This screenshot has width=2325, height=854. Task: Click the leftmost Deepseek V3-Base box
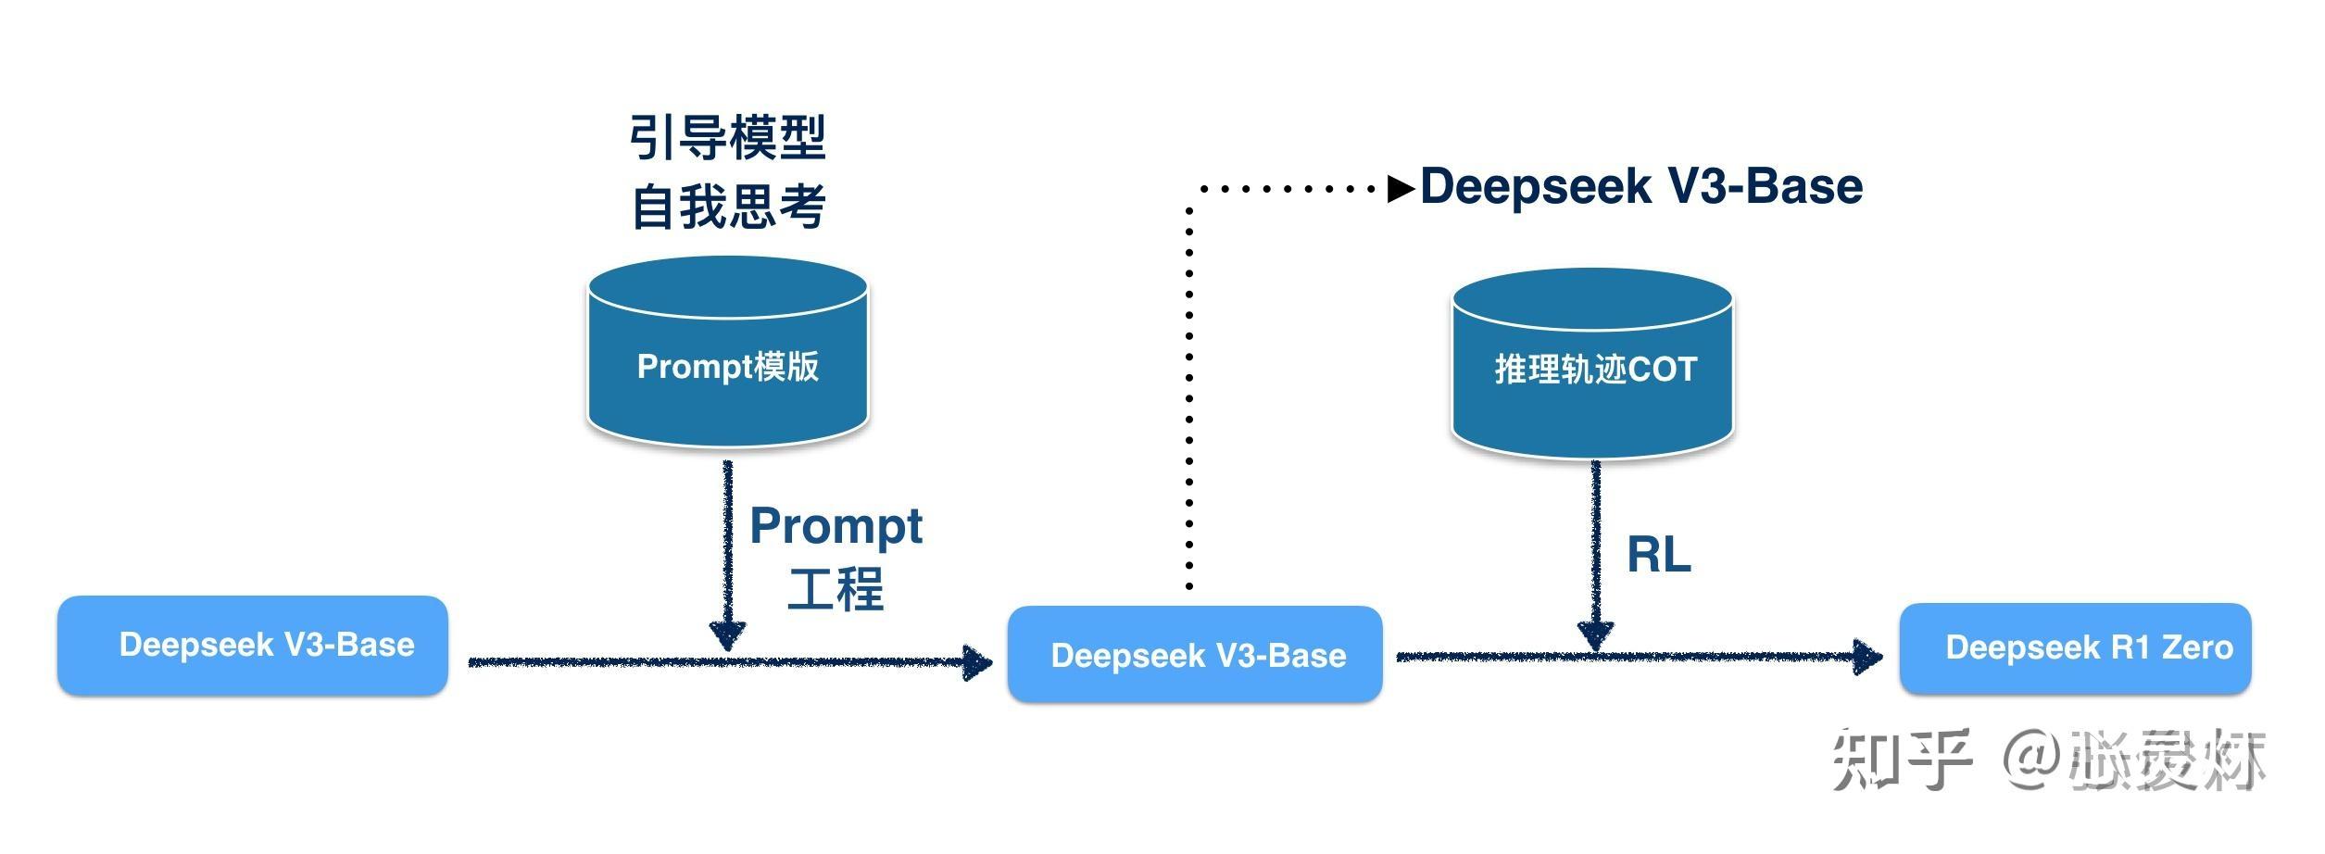pos(252,646)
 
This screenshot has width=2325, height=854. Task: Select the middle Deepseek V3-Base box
pos(1195,655)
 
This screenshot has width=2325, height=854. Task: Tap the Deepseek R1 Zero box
pos(2075,647)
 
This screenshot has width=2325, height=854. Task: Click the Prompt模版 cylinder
pos(727,366)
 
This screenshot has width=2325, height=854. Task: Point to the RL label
pos(1658,555)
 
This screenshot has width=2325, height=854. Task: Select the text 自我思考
pos(727,206)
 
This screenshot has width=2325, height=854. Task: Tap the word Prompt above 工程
pos(836,526)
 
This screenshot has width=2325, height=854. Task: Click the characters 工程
pos(836,589)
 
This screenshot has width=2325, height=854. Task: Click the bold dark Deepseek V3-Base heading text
pos(1640,186)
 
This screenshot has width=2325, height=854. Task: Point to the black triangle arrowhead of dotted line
pos(1400,189)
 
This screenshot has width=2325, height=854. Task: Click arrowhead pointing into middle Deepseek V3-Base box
pos(977,662)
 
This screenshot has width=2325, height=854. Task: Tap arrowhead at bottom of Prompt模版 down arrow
pos(728,635)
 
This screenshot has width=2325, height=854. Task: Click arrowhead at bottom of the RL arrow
pos(1595,635)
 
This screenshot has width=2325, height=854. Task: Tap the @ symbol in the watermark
pos(2033,760)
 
